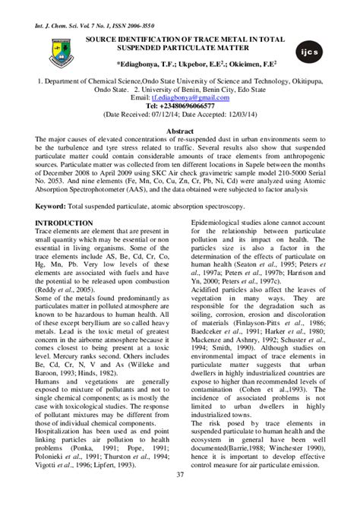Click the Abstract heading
coord(179,131)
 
